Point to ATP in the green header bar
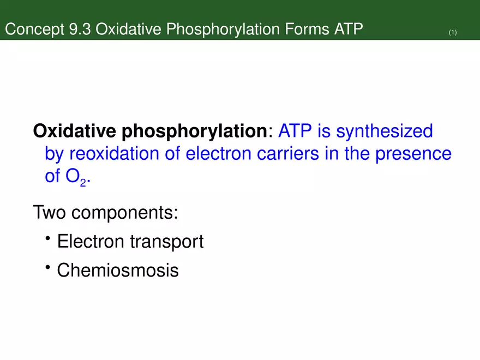[x=347, y=29]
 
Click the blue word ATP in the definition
[x=296, y=131]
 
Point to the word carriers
[x=293, y=154]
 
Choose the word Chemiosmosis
[x=117, y=269]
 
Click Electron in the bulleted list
[x=91, y=241]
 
